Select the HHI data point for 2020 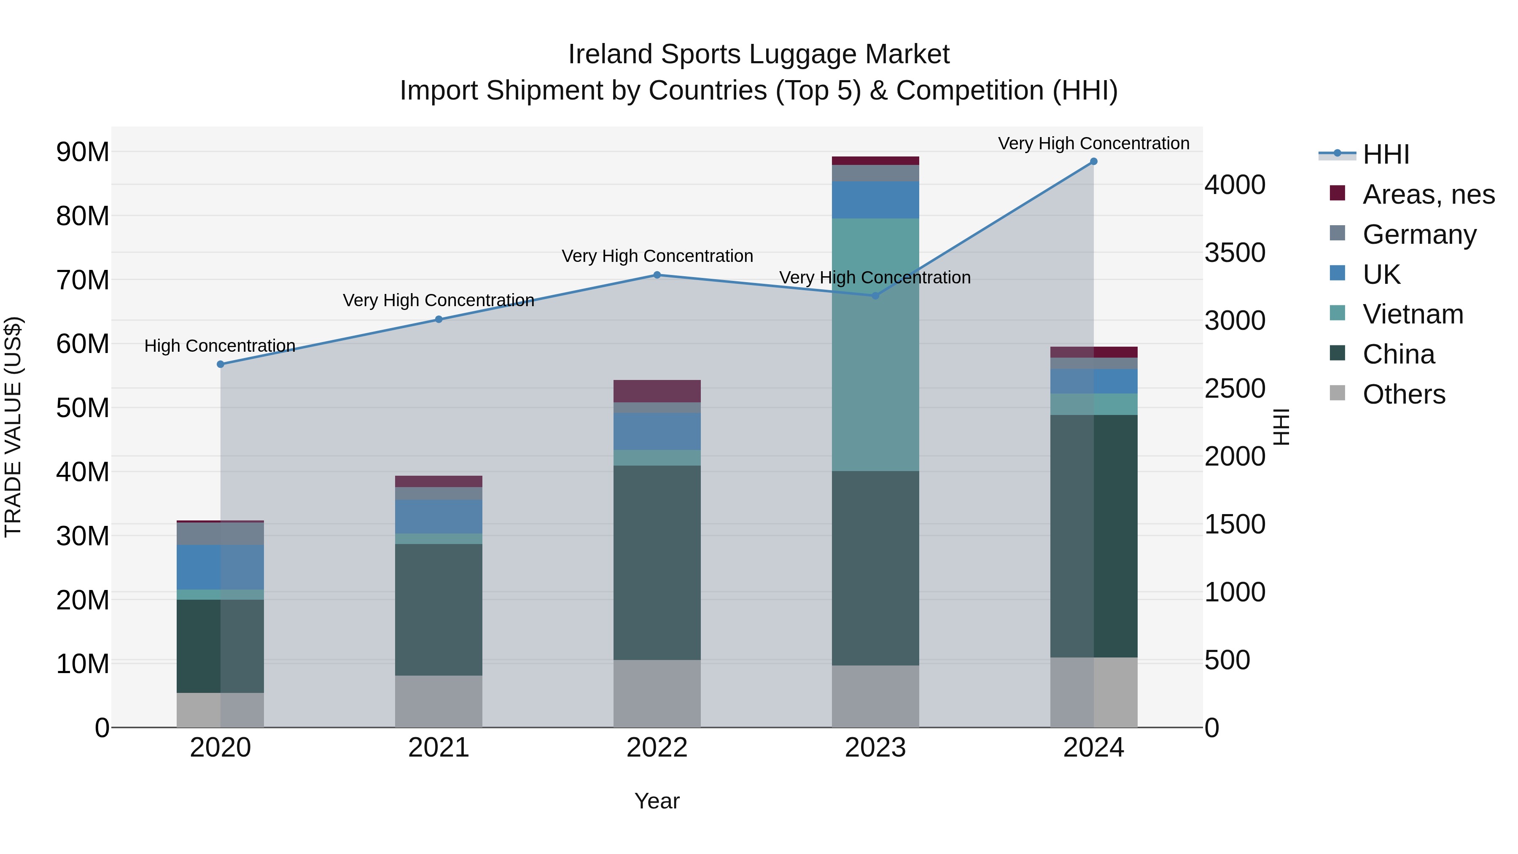(x=221, y=364)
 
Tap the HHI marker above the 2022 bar (x=657, y=275)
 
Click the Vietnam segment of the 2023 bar (x=875, y=345)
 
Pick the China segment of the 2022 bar (x=657, y=563)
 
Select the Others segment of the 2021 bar (x=439, y=701)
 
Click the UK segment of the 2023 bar (x=875, y=200)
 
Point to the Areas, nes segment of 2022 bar (x=657, y=391)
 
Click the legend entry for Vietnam (x=1413, y=314)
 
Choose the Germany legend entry (x=1419, y=234)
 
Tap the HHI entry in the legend (x=1385, y=154)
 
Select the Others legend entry (x=1404, y=394)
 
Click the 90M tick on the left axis (x=83, y=152)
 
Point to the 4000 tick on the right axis (x=1235, y=185)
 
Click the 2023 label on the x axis (x=875, y=748)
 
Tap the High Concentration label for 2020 (x=220, y=346)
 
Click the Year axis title (x=657, y=801)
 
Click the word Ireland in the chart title (x=611, y=54)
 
